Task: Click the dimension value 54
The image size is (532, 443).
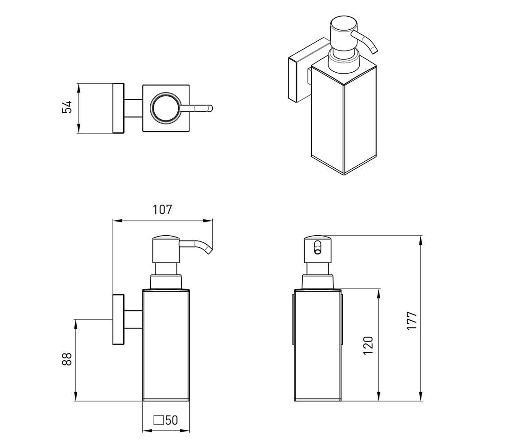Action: (x=67, y=107)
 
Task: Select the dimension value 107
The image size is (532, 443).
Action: (x=162, y=210)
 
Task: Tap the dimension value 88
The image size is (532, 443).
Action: (x=67, y=359)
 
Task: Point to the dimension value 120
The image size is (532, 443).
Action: (x=368, y=346)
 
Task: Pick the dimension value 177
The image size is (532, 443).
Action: (x=411, y=321)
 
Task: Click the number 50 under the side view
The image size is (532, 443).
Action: (x=172, y=420)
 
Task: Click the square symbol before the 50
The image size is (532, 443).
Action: (x=158, y=420)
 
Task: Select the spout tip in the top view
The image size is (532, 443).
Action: (x=210, y=108)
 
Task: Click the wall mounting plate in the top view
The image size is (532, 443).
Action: (x=118, y=108)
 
